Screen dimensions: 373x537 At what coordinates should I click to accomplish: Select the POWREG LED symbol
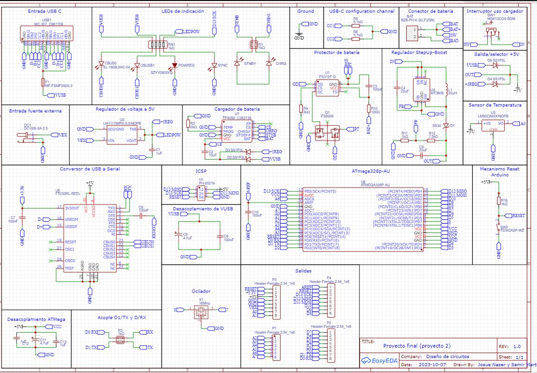pos(175,65)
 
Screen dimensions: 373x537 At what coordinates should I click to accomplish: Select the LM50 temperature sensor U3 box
pos(493,126)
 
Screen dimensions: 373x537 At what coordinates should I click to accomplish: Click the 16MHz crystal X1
pos(200,310)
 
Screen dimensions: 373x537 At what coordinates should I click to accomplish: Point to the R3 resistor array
pos(120,339)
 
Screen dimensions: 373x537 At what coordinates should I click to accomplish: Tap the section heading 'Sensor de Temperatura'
pos(495,105)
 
